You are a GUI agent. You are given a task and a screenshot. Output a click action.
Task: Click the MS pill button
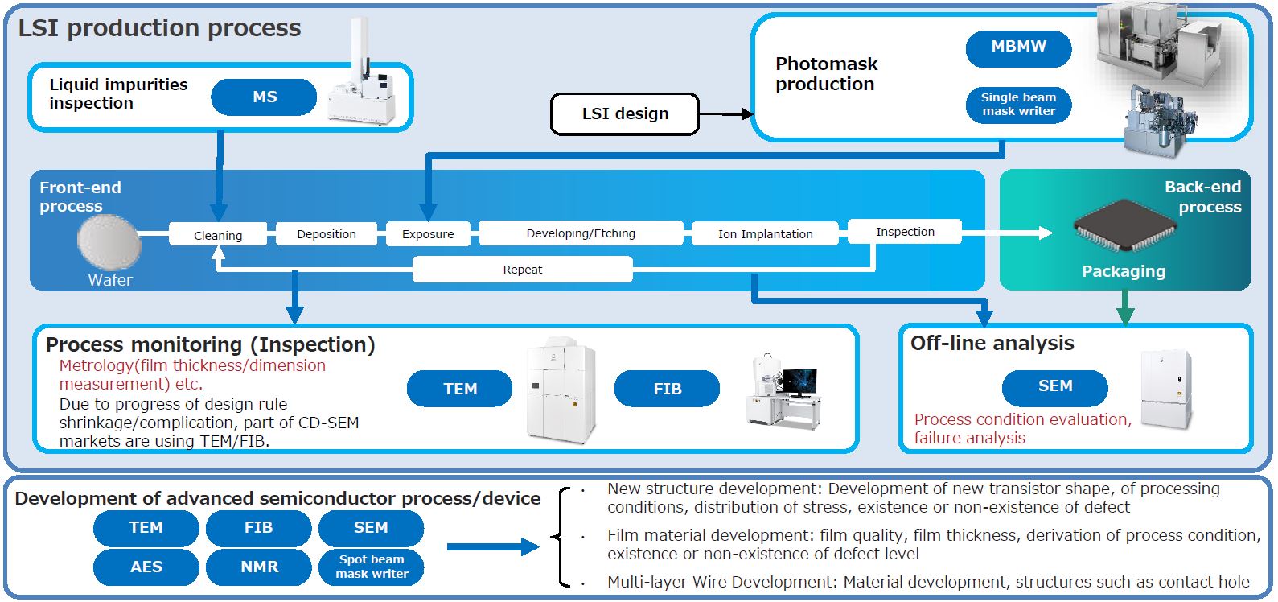(x=264, y=97)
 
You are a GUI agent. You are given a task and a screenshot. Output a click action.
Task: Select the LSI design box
(x=625, y=114)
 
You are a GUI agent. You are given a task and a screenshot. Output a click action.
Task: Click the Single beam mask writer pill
(x=1018, y=105)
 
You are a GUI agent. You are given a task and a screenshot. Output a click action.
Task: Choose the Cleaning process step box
(x=217, y=235)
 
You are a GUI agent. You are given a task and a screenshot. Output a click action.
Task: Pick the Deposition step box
(x=326, y=234)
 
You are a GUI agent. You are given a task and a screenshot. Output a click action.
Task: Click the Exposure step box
(x=428, y=234)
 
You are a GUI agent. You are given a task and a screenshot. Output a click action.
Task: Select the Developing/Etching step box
(x=581, y=233)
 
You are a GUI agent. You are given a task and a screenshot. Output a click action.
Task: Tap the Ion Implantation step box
(x=765, y=234)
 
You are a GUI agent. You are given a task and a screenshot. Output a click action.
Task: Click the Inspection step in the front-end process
(x=905, y=232)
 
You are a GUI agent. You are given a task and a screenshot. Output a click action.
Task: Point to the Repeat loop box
(x=523, y=270)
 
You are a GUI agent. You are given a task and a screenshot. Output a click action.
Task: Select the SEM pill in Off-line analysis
(x=1054, y=387)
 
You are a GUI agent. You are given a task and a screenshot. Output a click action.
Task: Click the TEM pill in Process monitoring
(x=459, y=390)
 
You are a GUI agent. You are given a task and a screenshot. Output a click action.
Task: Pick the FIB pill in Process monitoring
(x=667, y=390)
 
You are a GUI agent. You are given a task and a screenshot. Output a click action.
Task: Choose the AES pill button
(x=146, y=567)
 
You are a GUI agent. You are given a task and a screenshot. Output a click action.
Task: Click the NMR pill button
(x=259, y=567)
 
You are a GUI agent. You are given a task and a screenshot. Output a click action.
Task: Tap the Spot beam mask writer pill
(x=371, y=567)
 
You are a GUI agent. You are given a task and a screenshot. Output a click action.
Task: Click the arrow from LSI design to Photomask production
(x=725, y=114)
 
